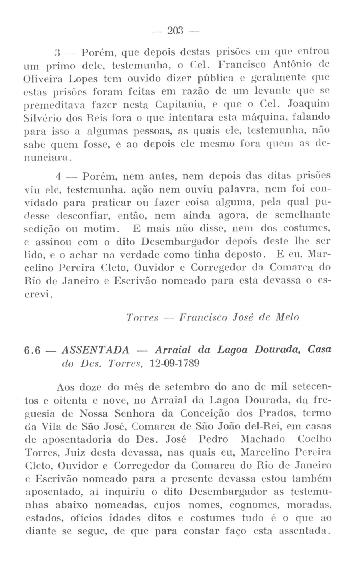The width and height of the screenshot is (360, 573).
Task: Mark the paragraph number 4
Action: point(59,176)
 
